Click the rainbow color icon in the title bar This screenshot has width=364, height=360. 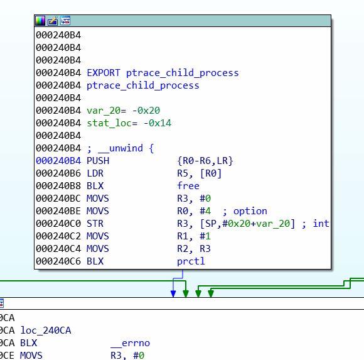[40, 21]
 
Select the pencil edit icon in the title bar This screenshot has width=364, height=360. [53, 21]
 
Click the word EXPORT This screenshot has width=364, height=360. [104, 73]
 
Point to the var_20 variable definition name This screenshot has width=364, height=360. [104, 111]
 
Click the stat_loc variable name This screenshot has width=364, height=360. [109, 123]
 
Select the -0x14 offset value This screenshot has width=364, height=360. [158, 123]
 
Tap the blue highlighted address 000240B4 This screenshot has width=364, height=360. [58, 161]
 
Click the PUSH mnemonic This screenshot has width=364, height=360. [98, 161]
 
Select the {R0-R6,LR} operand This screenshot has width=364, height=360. [205, 161]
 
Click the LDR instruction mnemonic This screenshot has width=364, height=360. [95, 173]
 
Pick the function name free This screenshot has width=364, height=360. [188, 186]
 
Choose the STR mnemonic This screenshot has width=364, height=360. [95, 224]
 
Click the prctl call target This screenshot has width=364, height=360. [191, 261]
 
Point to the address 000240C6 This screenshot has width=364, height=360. [58, 261]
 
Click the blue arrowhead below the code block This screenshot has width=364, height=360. [173, 294]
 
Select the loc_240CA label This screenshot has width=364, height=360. [46, 330]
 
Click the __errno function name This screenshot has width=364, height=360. [131, 343]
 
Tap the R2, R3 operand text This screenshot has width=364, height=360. [194, 249]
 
